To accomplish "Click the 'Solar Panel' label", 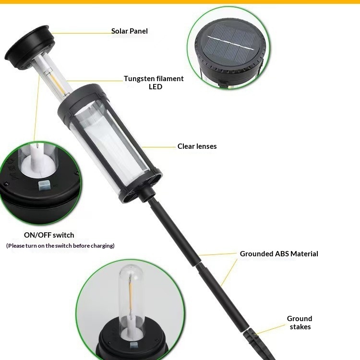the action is pos(129,31).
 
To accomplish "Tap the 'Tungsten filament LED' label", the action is pos(154,83).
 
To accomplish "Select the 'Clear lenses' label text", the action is pos(197,146).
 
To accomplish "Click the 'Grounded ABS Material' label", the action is pos(279,254).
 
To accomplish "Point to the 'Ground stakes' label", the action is pos(300,323).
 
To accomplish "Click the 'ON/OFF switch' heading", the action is pos(49,235).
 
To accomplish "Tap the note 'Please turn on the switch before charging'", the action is pos(60,246).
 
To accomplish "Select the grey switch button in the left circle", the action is pos(45,185).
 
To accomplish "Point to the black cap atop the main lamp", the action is pos(29,47).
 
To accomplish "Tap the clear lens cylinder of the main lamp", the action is pos(110,144).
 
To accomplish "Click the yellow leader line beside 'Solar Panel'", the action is pos(82,33).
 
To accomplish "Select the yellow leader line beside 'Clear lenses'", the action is pos(159,147).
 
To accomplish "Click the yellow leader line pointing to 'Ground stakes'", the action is pos(270,329).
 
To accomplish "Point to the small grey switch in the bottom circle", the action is pos(134,346).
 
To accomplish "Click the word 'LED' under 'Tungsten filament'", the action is pos(156,87).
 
